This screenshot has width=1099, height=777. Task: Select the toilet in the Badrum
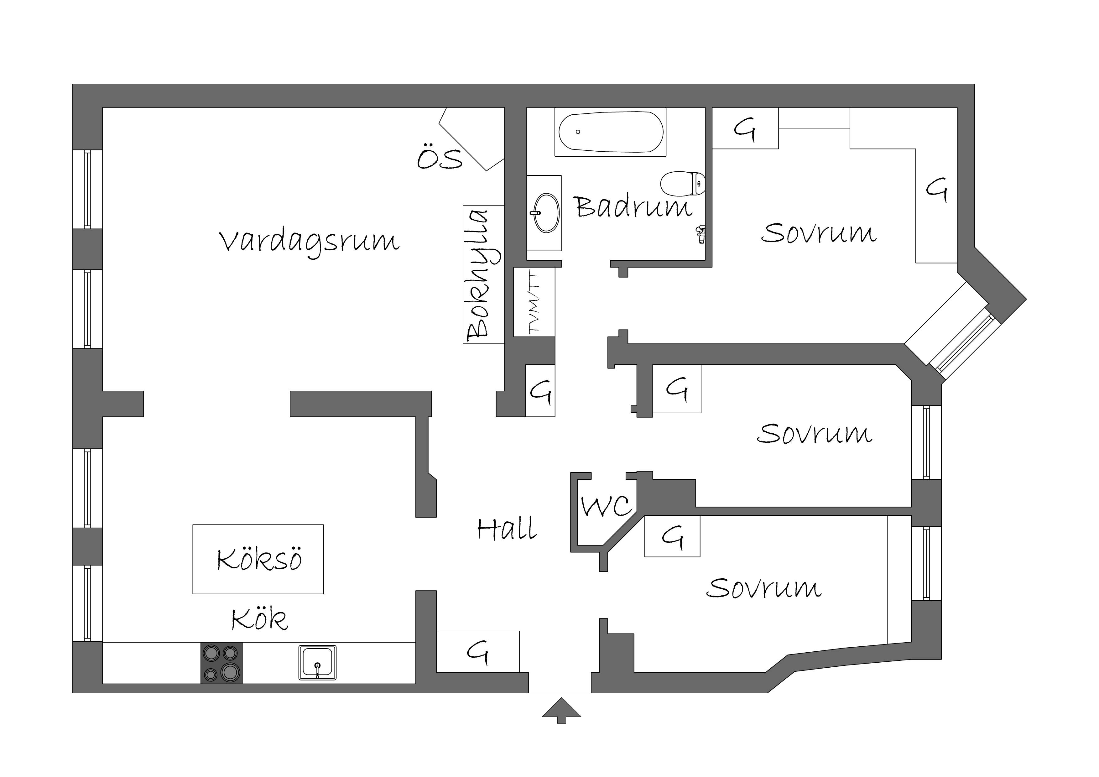pyautogui.click(x=683, y=184)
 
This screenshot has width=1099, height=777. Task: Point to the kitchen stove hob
pyautogui.click(x=221, y=663)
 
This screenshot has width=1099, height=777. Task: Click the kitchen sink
pyautogui.click(x=317, y=663)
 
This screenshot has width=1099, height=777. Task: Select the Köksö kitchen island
pyautogui.click(x=258, y=559)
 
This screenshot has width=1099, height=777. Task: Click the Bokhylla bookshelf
pyautogui.click(x=483, y=274)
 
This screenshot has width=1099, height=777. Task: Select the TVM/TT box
pyautogui.click(x=534, y=302)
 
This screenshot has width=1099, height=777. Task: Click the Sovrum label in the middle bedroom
pyautogui.click(x=815, y=433)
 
